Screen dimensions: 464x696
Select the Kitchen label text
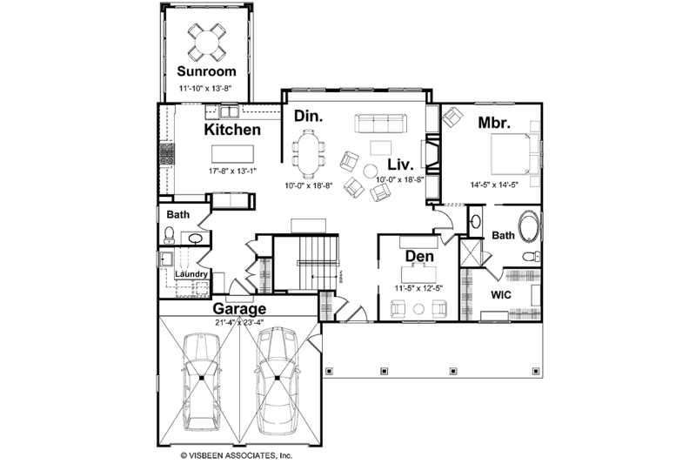point(232,130)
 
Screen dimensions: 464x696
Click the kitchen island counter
point(231,152)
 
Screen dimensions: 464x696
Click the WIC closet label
point(500,295)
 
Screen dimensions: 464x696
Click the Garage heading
point(239,308)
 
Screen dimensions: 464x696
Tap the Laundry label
point(191,275)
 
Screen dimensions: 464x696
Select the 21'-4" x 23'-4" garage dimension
point(239,322)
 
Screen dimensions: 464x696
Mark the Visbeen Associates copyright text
point(236,454)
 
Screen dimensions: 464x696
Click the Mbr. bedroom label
point(493,123)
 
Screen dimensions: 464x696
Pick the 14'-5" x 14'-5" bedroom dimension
point(492,185)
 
